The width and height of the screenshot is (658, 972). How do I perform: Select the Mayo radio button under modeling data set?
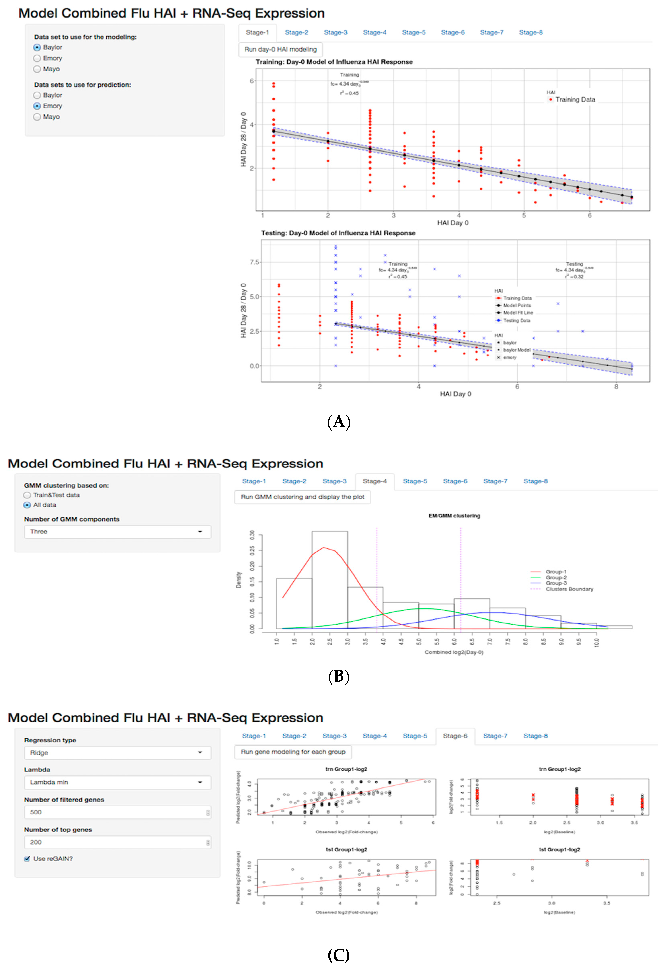pyautogui.click(x=37, y=69)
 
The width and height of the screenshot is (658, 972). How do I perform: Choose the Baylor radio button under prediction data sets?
pyautogui.click(x=37, y=95)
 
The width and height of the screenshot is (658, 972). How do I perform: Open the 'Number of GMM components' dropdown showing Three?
pyautogui.click(x=117, y=532)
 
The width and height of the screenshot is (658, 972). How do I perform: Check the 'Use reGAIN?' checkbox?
pyautogui.click(x=27, y=859)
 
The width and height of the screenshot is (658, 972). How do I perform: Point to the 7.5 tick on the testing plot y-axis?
pyautogui.click(x=254, y=262)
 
